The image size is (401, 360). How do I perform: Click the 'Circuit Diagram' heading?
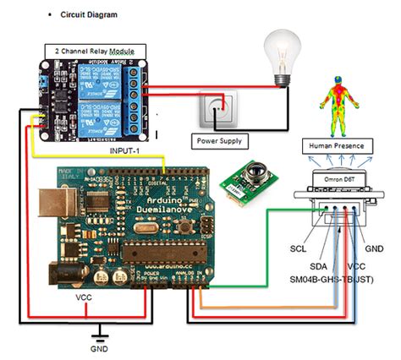[89, 14]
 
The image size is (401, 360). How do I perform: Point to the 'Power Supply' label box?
[217, 139]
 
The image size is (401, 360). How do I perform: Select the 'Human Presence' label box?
[337, 145]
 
